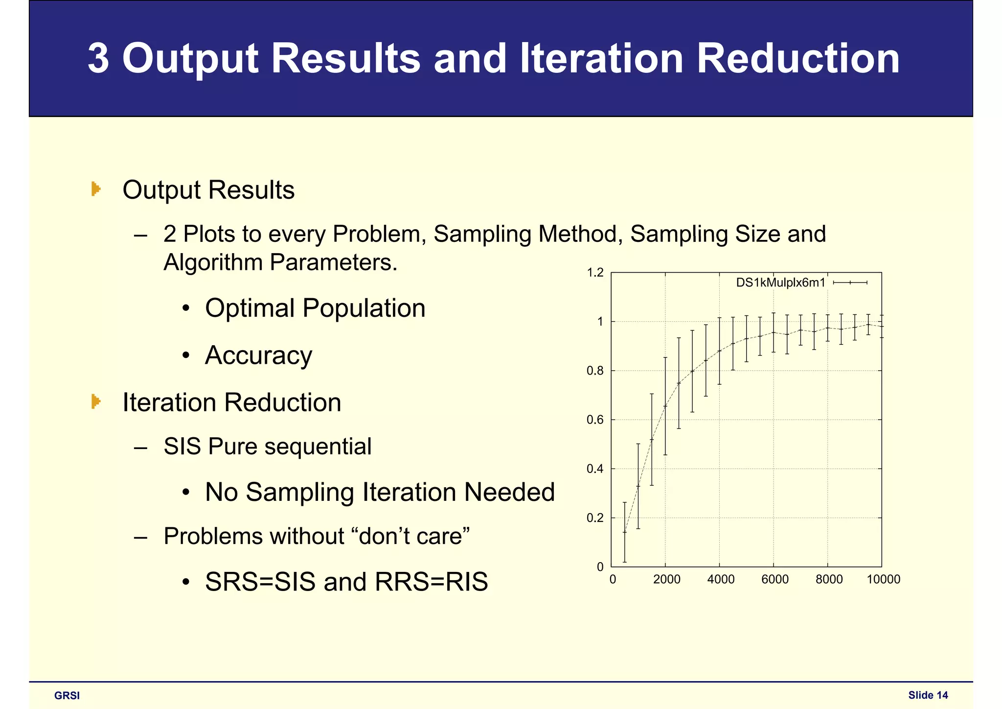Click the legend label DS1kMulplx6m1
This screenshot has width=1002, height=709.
780,283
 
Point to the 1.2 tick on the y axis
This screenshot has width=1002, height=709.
595,273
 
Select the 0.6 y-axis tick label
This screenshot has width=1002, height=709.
595,420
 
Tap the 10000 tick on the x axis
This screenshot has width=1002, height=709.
883,580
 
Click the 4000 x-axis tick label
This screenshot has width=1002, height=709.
721,580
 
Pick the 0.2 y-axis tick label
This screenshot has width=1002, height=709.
595,518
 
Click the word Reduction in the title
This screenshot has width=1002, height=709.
797,58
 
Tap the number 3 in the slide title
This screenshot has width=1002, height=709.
98,58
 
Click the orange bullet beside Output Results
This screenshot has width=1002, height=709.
96,189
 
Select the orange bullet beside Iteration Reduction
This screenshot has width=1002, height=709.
96,402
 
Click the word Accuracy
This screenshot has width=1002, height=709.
258,355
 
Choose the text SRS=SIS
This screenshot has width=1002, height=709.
260,582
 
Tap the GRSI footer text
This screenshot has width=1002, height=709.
67,696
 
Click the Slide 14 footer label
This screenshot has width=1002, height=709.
928,695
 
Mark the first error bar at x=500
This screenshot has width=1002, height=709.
624,532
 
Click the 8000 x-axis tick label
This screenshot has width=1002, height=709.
829,580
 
